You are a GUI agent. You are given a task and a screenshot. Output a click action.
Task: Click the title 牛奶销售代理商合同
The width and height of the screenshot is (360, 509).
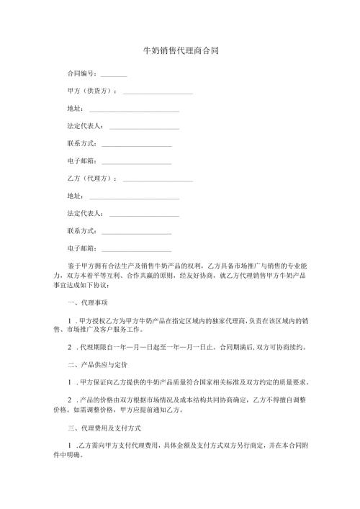[x=181, y=51]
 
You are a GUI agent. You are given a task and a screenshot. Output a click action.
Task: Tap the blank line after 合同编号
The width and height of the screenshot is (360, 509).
[x=114, y=76]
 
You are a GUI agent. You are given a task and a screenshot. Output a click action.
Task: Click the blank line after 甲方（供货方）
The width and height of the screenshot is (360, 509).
[x=158, y=93]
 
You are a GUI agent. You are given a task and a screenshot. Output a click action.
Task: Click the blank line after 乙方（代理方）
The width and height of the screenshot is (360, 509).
[x=158, y=179]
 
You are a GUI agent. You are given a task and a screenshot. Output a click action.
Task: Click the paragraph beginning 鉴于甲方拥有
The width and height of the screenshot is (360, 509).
[x=180, y=275]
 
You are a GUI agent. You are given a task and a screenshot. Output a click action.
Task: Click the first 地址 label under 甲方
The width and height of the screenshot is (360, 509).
[x=74, y=109]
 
